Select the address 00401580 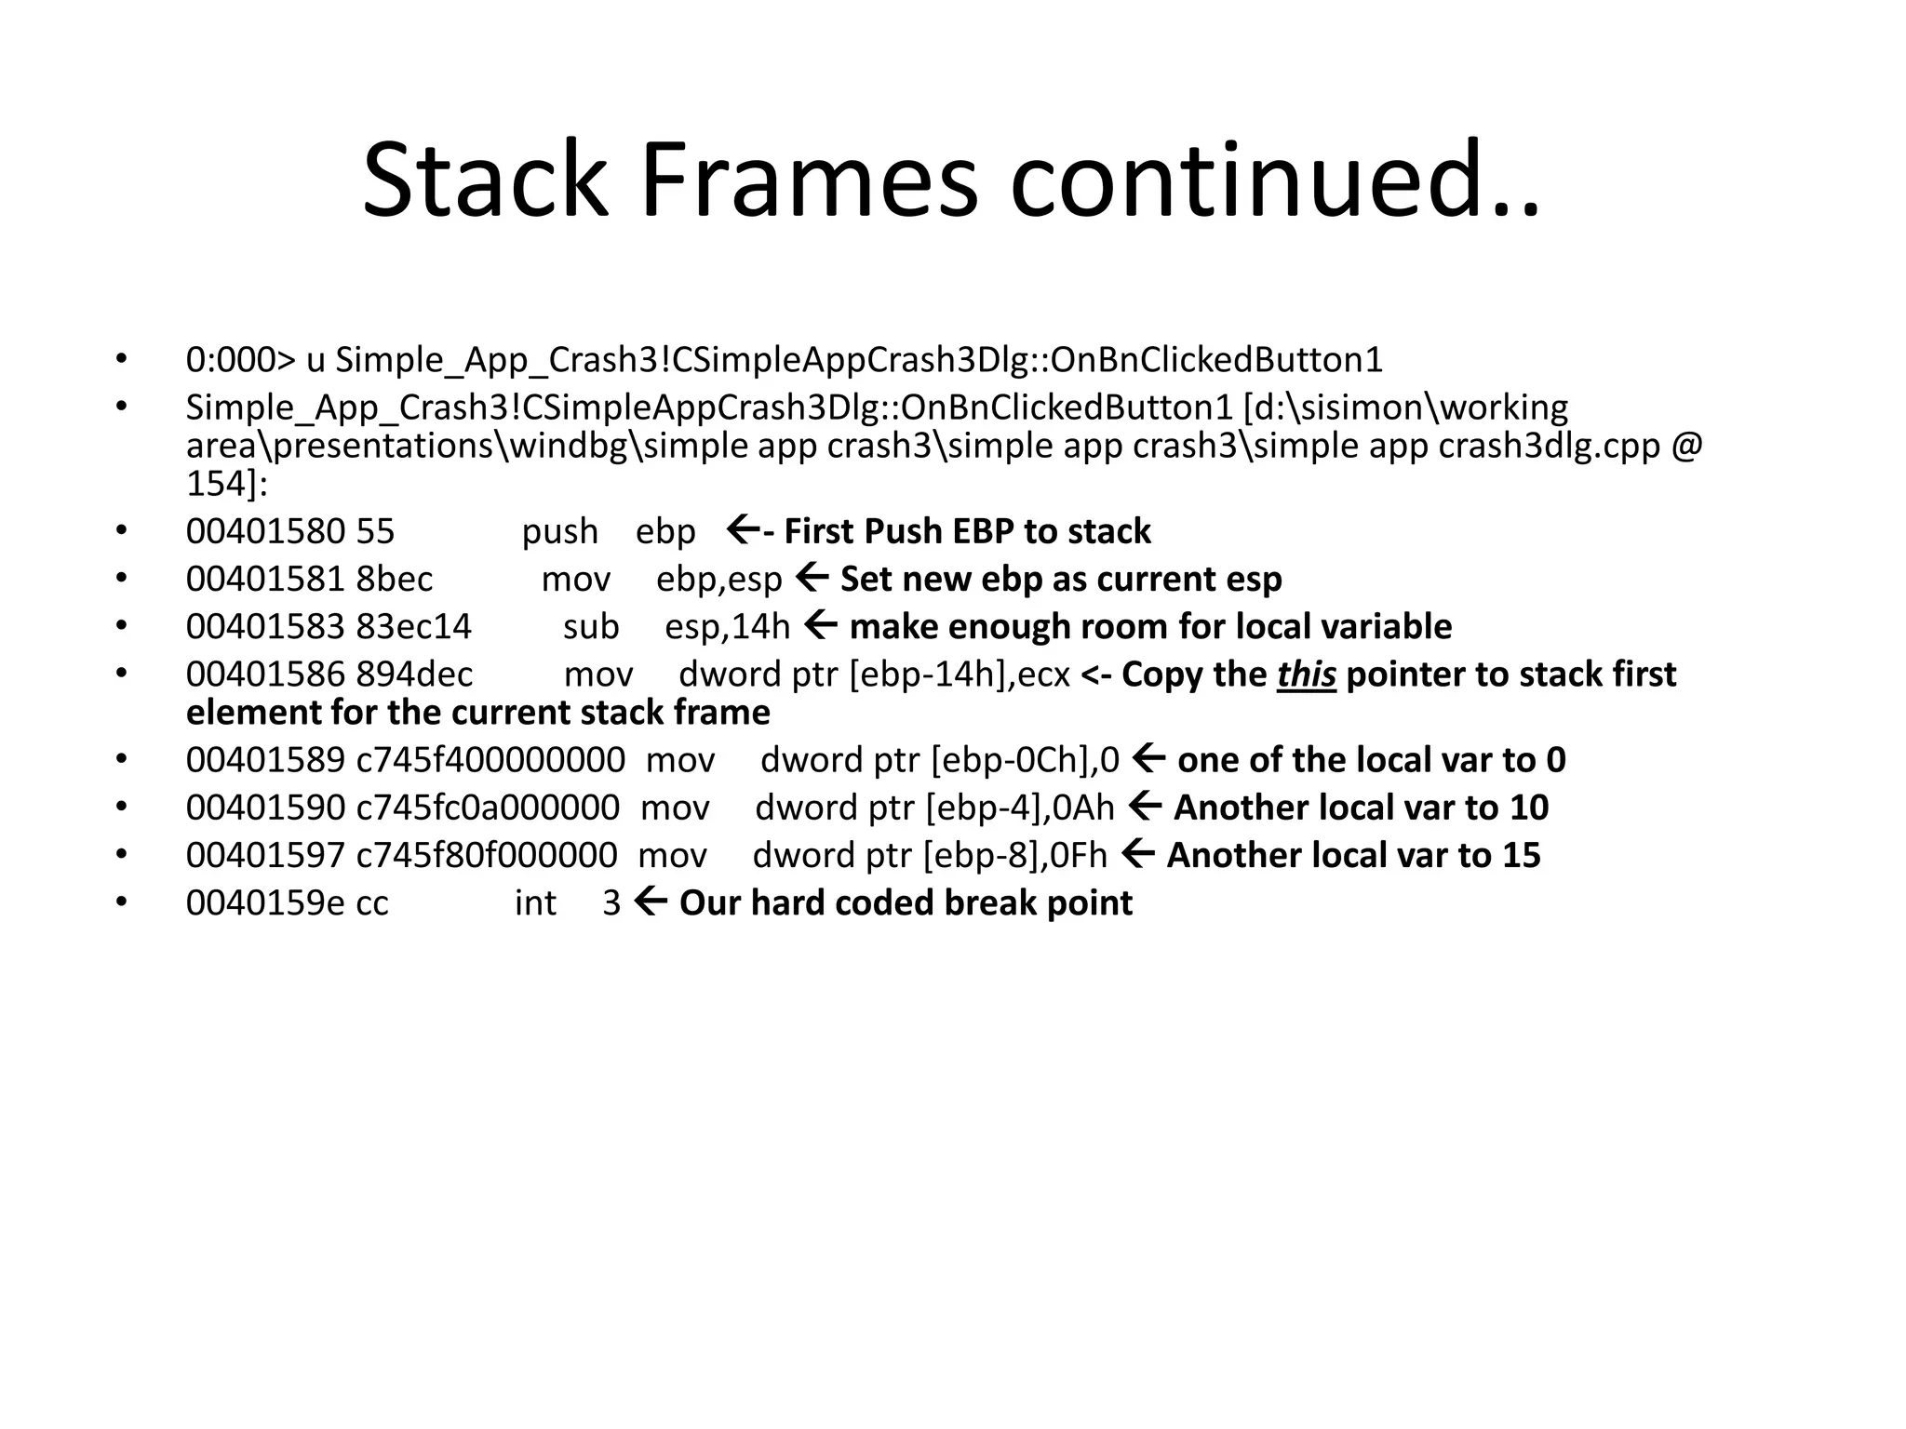point(265,531)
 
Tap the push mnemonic point(559,531)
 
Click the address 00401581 point(265,579)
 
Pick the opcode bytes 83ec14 point(413,626)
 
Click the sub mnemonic point(590,626)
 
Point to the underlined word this point(1306,674)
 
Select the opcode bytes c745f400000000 point(490,760)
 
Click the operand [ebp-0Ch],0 point(1025,760)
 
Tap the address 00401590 point(265,808)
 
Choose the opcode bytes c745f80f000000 point(487,855)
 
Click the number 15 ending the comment point(1521,855)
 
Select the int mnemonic point(535,902)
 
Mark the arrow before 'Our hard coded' point(650,901)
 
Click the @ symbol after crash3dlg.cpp point(1686,446)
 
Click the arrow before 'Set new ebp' point(812,577)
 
